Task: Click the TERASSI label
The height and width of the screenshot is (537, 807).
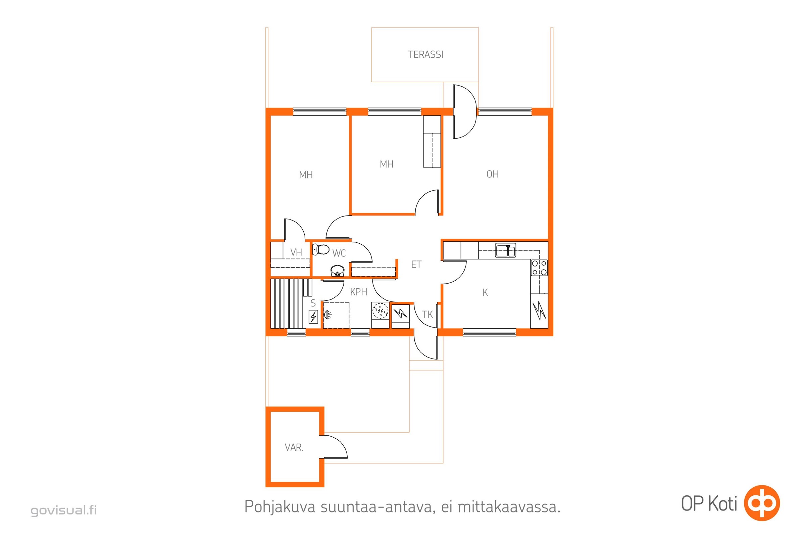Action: (x=425, y=54)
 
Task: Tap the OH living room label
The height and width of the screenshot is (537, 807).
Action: (x=492, y=174)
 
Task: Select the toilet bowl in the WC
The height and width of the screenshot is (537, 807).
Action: (x=320, y=249)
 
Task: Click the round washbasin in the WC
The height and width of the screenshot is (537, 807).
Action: (x=337, y=271)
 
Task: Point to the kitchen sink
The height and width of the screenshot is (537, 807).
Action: (x=505, y=250)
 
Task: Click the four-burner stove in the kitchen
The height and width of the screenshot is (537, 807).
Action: (x=539, y=268)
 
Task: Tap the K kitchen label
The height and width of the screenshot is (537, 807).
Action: (x=485, y=292)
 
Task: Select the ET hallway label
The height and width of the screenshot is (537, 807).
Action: (x=416, y=264)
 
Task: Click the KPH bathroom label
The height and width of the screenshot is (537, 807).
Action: (x=358, y=292)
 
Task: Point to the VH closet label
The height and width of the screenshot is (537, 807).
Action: (x=296, y=252)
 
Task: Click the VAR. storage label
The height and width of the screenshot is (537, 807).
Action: (x=294, y=448)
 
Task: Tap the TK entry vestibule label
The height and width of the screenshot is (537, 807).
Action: (x=427, y=314)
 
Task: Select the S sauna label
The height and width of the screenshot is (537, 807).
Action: (x=313, y=303)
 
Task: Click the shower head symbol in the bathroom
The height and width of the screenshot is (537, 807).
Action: (x=327, y=314)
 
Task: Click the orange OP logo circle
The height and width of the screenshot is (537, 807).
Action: (x=762, y=503)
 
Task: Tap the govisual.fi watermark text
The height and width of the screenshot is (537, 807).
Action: (x=64, y=510)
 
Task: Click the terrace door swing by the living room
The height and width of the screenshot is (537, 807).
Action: (x=465, y=112)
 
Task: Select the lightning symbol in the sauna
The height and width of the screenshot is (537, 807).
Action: (x=313, y=317)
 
